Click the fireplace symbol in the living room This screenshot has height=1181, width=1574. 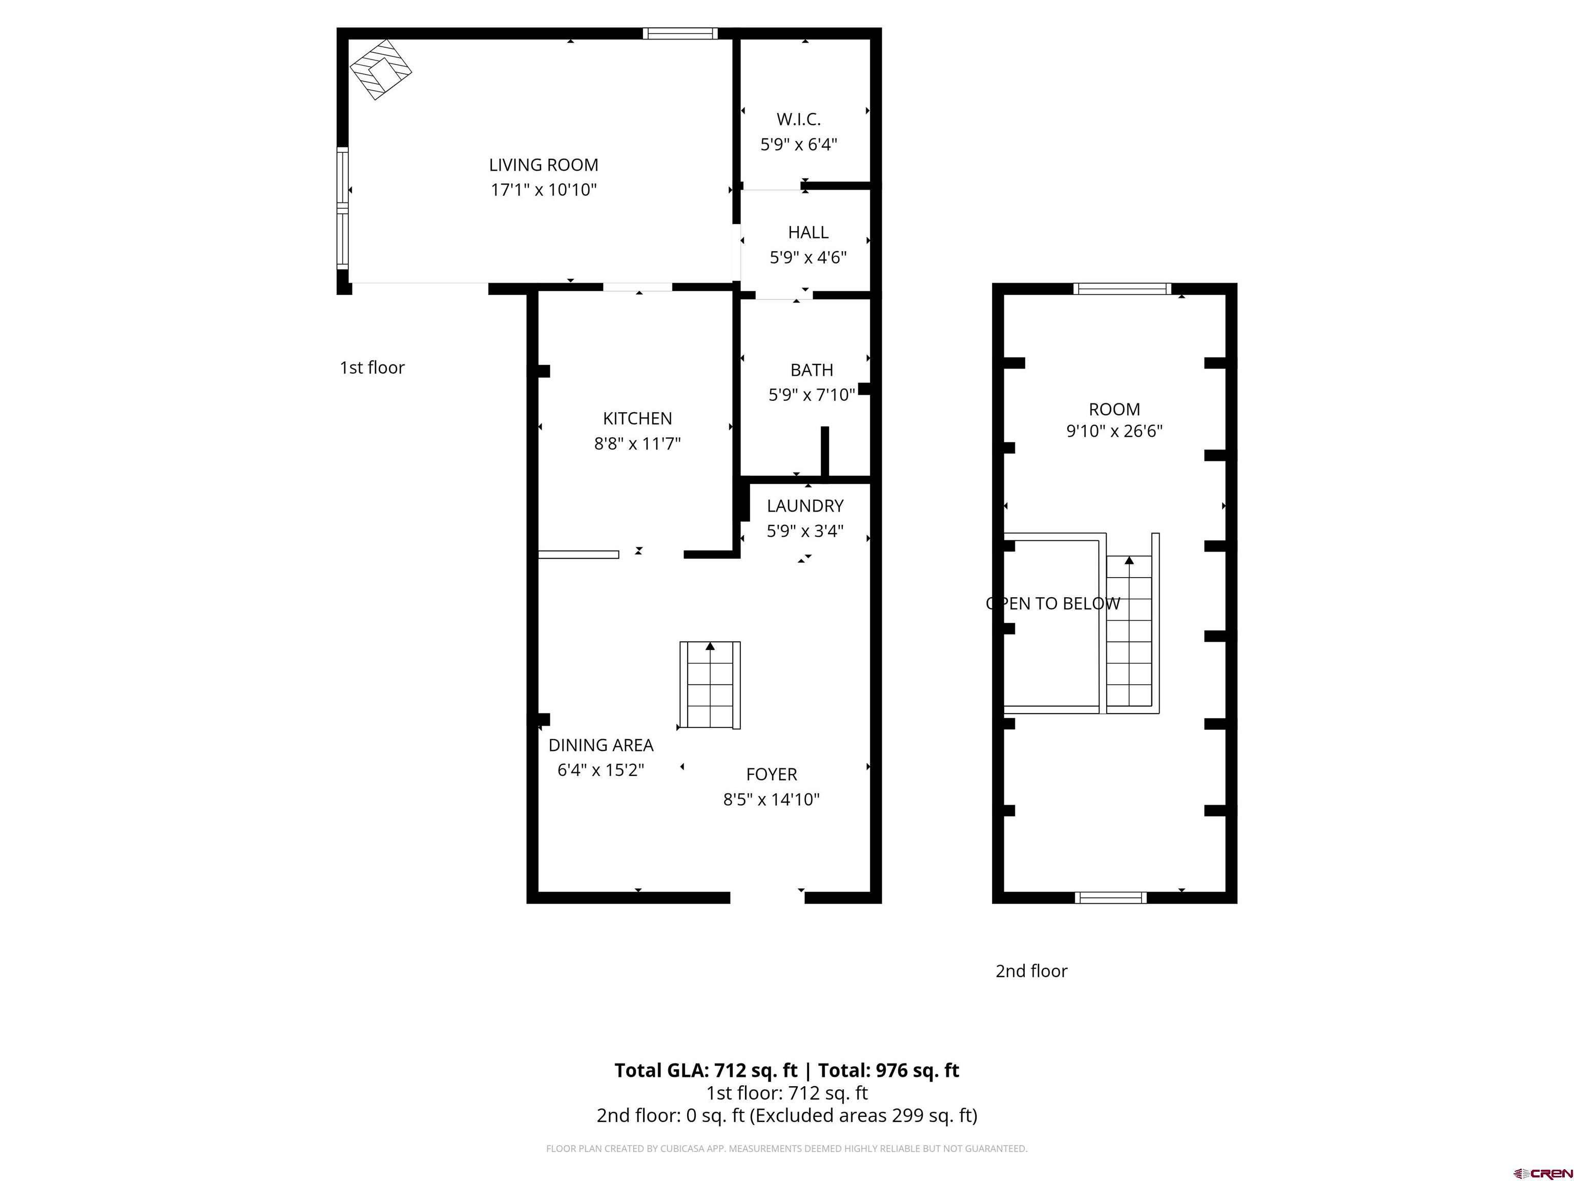(381, 69)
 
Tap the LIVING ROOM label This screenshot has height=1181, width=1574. (544, 165)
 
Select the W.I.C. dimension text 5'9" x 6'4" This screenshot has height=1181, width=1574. (798, 145)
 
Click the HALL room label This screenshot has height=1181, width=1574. (807, 232)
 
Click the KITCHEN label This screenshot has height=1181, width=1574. (637, 419)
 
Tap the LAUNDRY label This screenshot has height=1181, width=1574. (805, 506)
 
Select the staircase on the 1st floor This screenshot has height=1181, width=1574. (710, 685)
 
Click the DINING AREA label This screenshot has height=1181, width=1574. (600, 745)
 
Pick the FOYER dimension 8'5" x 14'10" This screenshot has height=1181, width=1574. (771, 800)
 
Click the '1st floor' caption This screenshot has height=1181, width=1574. (372, 368)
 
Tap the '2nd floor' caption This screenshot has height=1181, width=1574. (1031, 971)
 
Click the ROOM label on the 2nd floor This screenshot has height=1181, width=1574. (1114, 410)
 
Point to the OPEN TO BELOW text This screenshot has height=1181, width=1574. (1053, 604)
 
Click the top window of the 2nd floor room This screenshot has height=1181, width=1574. (1122, 288)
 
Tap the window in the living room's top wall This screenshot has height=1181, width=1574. (679, 33)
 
